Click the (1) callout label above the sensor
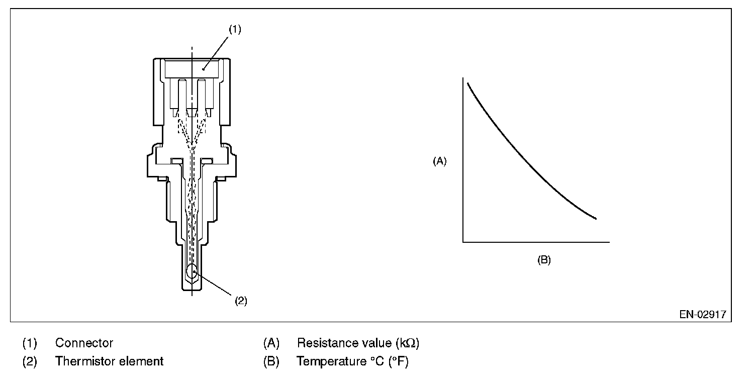(x=235, y=29)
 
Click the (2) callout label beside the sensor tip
(x=241, y=301)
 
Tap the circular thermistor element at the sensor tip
(x=192, y=271)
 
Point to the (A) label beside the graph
(x=440, y=161)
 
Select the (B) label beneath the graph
(x=544, y=260)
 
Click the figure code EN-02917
(x=703, y=315)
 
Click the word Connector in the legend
(x=84, y=343)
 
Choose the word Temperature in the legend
(x=331, y=361)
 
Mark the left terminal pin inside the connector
(x=182, y=96)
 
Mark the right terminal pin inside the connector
(x=202, y=96)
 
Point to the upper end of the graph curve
(x=468, y=83)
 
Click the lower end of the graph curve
(x=596, y=219)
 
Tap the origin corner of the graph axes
(x=463, y=242)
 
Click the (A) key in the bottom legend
(x=271, y=343)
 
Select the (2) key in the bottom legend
(x=30, y=361)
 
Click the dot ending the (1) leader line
(x=203, y=69)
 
